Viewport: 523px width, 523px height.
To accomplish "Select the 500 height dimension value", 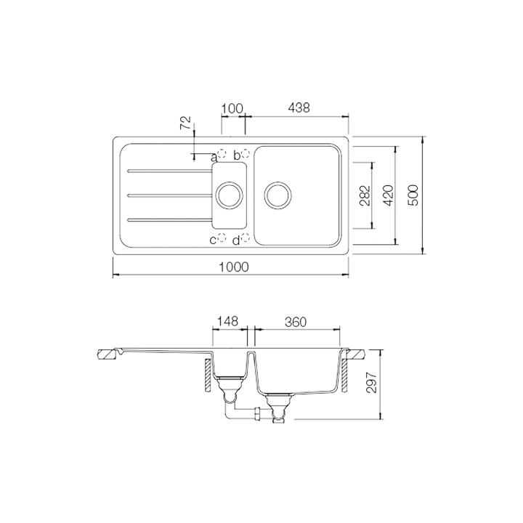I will coord(413,195).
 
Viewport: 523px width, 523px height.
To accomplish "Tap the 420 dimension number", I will coord(387,195).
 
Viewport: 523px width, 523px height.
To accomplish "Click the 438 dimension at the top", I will coord(300,108).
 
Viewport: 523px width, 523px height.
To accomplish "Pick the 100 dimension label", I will coord(232,108).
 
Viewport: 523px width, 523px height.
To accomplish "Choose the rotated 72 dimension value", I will coord(187,121).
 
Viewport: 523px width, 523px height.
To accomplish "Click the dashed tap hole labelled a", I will coord(224,155).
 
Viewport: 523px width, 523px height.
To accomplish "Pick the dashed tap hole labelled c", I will coord(224,239).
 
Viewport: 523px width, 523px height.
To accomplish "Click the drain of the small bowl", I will coord(230,195).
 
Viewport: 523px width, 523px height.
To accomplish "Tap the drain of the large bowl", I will coord(279,195).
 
